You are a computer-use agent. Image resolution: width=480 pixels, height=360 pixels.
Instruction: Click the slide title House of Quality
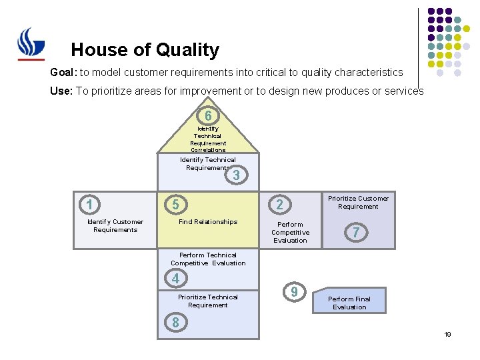[145, 50]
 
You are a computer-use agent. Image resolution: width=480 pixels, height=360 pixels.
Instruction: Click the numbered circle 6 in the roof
[208, 115]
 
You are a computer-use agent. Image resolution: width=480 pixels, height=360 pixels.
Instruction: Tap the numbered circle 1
[89, 204]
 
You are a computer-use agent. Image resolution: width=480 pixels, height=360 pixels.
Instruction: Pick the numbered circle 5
[175, 204]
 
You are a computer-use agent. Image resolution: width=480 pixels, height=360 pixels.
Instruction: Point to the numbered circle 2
[280, 204]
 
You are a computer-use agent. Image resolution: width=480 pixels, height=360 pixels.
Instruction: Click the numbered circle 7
[357, 232]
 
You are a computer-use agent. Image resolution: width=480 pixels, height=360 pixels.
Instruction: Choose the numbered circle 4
[175, 278]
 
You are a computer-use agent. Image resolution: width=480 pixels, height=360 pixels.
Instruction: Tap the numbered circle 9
[294, 291]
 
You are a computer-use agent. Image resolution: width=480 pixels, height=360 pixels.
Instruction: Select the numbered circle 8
[175, 323]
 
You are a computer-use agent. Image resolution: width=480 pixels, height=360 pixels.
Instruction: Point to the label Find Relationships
[208, 222]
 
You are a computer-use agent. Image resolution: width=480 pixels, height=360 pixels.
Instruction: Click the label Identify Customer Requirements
[115, 226]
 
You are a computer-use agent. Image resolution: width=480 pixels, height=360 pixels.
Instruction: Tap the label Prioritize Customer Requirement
[358, 202]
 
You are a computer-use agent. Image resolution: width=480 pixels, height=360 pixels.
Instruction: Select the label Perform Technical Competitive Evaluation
[208, 259]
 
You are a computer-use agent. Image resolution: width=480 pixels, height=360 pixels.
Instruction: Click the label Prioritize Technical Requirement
[208, 301]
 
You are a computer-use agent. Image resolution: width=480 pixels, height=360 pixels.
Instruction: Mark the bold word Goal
[63, 72]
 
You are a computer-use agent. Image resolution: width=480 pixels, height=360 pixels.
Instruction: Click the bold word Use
[61, 91]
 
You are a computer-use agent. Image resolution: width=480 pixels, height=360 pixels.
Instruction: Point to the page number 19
[448, 334]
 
